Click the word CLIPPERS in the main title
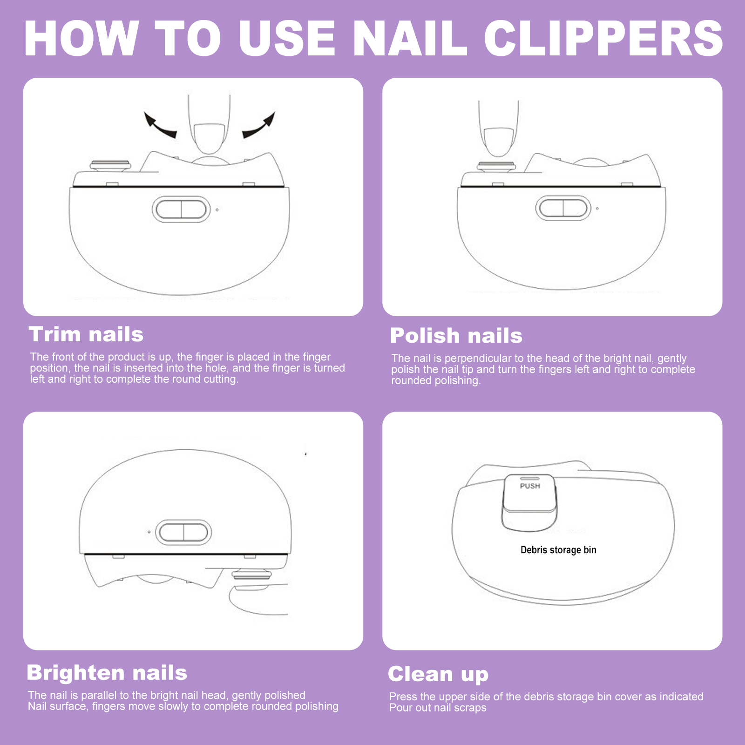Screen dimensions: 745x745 pos(604,38)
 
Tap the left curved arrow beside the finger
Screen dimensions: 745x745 pos(159,125)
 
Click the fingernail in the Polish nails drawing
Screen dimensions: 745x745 pos(499,142)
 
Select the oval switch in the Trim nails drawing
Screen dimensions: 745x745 pos(181,209)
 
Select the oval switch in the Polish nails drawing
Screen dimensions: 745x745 pos(563,208)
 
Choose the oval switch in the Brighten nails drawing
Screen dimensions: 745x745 pos(183,532)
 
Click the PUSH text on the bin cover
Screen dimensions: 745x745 pos(530,486)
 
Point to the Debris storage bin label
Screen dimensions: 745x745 pos(558,550)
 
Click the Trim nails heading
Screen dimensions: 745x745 pos(86,334)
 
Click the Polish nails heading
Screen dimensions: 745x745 pos(456,336)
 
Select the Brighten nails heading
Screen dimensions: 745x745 pos(107,673)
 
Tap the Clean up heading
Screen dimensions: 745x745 pos(438,675)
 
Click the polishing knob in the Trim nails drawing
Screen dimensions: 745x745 pos(110,166)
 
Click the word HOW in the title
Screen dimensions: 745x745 pos(81,38)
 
